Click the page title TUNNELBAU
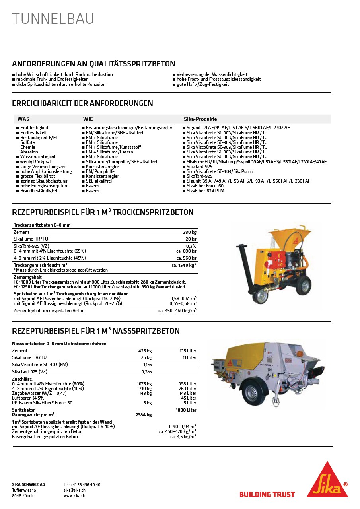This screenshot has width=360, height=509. point(53,19)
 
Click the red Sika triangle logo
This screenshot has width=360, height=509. point(327,480)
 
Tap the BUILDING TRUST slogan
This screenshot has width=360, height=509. point(267,495)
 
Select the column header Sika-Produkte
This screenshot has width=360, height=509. point(200,119)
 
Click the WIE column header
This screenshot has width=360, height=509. point(88,119)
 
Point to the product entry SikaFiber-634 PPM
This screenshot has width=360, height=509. point(205,191)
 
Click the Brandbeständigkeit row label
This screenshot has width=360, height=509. point(39,191)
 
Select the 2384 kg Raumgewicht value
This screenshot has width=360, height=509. point(144,415)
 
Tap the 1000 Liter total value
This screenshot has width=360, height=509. point(186,410)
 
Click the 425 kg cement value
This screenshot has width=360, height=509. point(145,351)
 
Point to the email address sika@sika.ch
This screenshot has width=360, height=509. point(75,490)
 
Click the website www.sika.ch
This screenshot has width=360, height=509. point(74,496)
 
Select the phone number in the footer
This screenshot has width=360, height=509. point(82,484)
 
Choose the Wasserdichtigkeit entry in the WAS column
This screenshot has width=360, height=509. point(38,157)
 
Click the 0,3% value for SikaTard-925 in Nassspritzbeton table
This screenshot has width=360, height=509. point(146,372)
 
